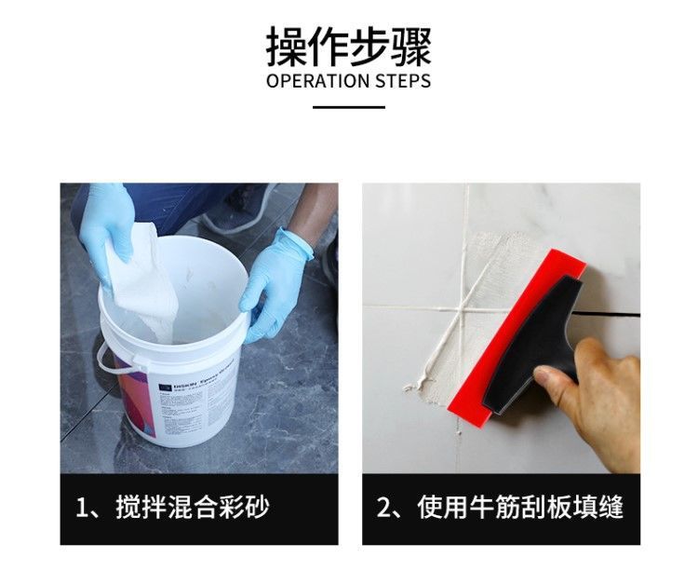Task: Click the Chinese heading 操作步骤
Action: point(348,45)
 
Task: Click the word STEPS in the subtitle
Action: point(403,81)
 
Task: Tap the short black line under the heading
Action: point(348,107)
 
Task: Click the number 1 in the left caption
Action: point(82,509)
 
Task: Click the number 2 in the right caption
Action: point(383,509)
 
